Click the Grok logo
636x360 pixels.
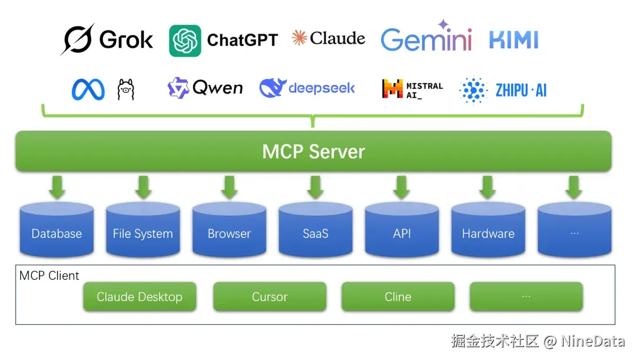(107, 39)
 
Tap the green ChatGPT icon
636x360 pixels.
(185, 41)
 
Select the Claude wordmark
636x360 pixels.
(329, 39)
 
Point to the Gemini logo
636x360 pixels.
(426, 38)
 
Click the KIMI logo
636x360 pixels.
(514, 39)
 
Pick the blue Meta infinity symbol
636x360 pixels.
(88, 90)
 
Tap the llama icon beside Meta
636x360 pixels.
(125, 90)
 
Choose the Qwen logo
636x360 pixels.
(205, 88)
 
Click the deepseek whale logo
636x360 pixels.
(307, 88)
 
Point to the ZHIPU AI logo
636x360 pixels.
(503, 90)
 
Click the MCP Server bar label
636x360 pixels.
(313, 151)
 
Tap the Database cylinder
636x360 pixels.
(57, 230)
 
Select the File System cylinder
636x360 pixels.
(143, 230)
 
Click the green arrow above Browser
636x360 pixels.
(229, 187)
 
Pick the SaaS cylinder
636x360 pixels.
(315, 230)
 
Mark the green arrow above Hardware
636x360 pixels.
(488, 187)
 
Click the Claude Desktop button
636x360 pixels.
(140, 297)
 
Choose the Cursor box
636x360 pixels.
(269, 297)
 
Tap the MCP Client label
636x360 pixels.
(49, 276)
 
